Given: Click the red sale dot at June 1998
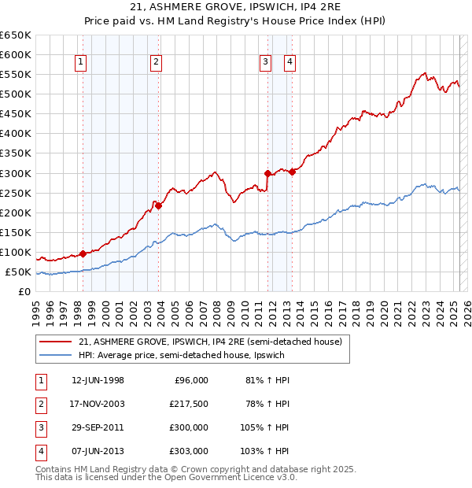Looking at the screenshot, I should [83, 253].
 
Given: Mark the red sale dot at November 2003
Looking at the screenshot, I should [158, 205].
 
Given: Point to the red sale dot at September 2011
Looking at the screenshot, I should [267, 173].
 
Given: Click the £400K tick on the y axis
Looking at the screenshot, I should [16, 134].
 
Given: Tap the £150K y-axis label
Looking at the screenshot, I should [16, 233].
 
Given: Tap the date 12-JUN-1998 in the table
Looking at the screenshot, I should [98, 380].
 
